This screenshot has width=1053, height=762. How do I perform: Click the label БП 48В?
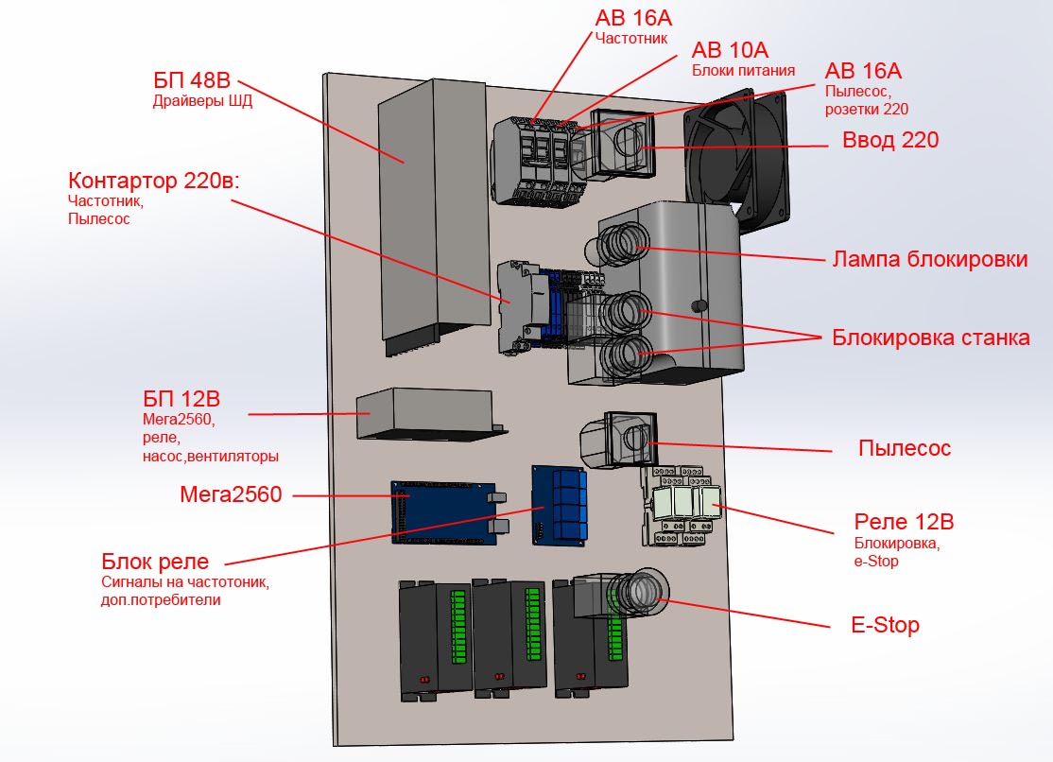pyautogui.click(x=193, y=79)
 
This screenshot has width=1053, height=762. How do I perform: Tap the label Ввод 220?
pyautogui.click(x=890, y=141)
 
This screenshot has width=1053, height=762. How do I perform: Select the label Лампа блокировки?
pyautogui.click(x=929, y=259)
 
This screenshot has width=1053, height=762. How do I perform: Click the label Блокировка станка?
pyautogui.click(x=930, y=338)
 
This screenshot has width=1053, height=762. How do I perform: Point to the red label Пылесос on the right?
pyautogui.click(x=904, y=448)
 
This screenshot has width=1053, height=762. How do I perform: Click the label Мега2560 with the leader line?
pyautogui.click(x=231, y=494)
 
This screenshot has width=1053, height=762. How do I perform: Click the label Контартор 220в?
pyautogui.click(x=154, y=180)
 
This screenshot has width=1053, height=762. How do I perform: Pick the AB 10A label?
pyautogui.click(x=730, y=50)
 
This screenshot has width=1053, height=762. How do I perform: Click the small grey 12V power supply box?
pyautogui.click(x=425, y=413)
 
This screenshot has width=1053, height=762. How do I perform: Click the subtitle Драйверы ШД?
pyautogui.click(x=202, y=102)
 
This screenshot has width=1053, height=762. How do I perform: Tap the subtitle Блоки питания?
pyautogui.click(x=743, y=70)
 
